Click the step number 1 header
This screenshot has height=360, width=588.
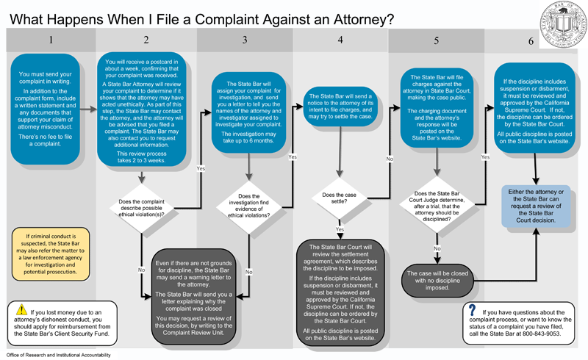[x=49, y=40]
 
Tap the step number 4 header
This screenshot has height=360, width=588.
[x=340, y=40]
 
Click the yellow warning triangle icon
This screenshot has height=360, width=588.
[x=21, y=310]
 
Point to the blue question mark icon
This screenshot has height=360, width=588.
[x=471, y=311]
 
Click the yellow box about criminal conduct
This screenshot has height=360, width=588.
[x=50, y=251]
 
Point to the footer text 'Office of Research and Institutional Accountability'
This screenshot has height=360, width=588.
[x=58, y=355]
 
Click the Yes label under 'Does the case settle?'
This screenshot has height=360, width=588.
[x=340, y=229]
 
